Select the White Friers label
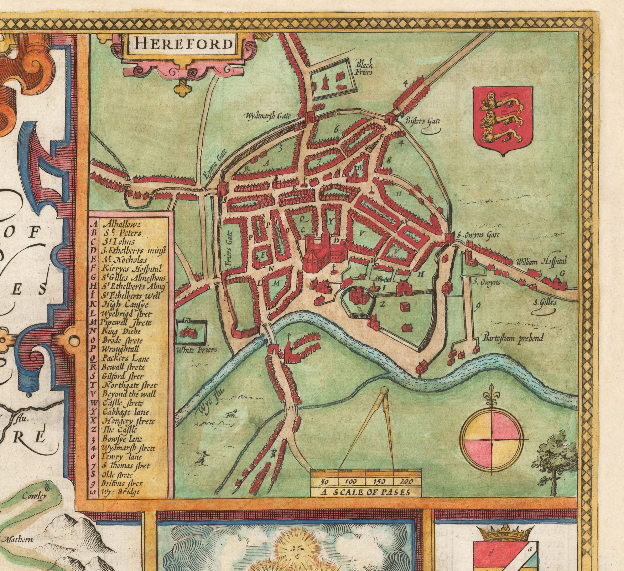196,350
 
